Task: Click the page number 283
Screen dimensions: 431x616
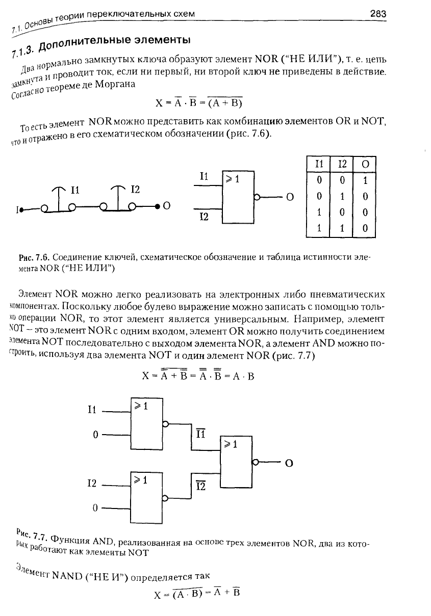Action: click(x=378, y=13)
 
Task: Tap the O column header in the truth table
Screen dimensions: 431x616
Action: click(x=365, y=164)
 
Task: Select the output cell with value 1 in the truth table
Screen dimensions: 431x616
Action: click(x=365, y=180)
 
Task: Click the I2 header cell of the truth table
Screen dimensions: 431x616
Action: click(x=342, y=164)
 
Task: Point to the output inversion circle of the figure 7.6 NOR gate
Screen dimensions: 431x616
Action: click(x=257, y=197)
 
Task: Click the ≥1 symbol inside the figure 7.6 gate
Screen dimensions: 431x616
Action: click(x=232, y=179)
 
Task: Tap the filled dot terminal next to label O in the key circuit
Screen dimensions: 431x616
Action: click(x=157, y=206)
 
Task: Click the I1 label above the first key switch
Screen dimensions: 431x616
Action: click(x=75, y=190)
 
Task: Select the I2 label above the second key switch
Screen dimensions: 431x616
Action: click(x=135, y=189)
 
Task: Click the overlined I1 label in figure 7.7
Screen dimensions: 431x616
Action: click(x=200, y=434)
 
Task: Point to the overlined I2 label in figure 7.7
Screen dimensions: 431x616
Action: click(x=200, y=486)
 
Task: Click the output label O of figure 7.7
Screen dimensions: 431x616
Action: click(x=289, y=463)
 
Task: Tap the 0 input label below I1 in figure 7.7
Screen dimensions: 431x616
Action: click(x=95, y=435)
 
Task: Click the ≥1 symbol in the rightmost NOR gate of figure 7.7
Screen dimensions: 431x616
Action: click(x=231, y=444)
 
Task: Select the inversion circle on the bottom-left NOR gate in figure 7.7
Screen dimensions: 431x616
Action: click(x=165, y=498)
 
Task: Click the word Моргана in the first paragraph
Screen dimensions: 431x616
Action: click(x=115, y=85)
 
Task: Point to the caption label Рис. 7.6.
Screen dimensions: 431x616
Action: click(x=34, y=258)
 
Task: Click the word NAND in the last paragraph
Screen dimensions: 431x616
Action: click(x=67, y=576)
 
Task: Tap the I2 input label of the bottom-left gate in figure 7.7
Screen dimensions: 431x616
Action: click(x=92, y=483)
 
